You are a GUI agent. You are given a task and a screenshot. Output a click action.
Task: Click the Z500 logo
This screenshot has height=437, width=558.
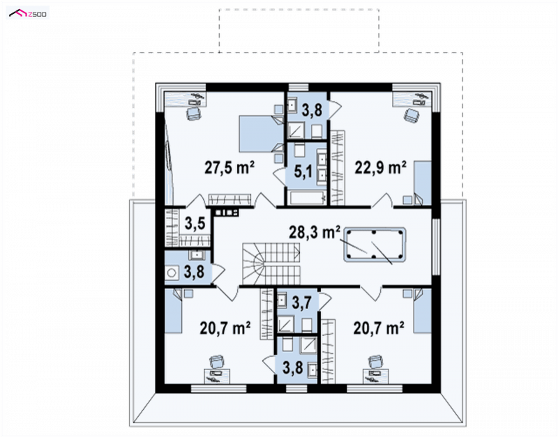(28, 13)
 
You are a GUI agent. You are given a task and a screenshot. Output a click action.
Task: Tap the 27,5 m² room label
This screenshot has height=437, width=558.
(229, 167)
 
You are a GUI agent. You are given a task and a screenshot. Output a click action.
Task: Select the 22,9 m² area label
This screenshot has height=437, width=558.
(380, 167)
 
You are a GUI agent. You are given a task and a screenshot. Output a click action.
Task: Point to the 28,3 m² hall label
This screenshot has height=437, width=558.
(315, 232)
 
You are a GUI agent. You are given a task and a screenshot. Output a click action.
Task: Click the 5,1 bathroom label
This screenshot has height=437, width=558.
(303, 171)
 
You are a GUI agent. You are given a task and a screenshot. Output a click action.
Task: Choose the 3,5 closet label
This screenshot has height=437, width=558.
(195, 223)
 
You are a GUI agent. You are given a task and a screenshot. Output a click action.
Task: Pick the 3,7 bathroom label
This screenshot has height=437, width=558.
(302, 302)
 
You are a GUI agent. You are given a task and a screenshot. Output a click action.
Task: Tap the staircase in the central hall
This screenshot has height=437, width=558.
(271, 264)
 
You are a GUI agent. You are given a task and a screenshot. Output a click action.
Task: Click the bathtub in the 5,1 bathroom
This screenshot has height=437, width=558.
(308, 198)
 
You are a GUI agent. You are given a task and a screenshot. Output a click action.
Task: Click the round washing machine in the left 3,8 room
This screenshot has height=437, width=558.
(172, 273)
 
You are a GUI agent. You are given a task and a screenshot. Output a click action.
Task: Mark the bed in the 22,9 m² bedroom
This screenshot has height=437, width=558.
(422, 183)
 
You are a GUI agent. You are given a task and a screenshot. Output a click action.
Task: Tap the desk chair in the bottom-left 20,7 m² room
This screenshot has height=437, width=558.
(217, 362)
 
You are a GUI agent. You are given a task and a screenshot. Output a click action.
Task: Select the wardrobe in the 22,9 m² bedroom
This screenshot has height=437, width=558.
(338, 168)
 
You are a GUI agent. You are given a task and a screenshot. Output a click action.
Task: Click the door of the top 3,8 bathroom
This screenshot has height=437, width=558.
(335, 106)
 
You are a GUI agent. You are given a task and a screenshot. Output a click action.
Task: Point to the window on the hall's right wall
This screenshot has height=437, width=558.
(436, 247)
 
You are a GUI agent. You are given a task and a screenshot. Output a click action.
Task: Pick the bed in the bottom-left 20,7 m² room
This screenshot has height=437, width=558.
(173, 310)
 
